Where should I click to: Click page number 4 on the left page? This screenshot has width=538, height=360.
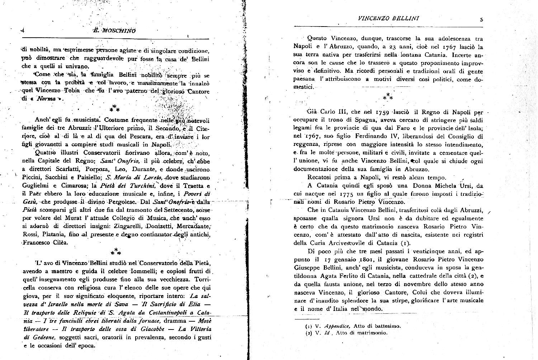point(23,30)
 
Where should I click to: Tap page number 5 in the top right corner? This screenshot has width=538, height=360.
point(481,20)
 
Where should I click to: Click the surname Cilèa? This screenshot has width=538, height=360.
point(60,243)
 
